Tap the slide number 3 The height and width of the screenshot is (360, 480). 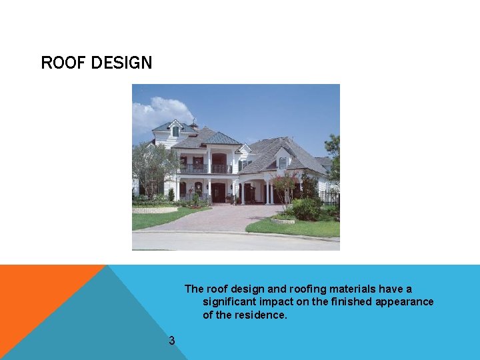(x=171, y=341)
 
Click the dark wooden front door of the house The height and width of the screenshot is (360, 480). (x=218, y=193)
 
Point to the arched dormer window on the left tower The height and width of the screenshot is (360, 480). (x=175, y=131)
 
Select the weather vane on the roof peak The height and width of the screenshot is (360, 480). (x=194, y=122)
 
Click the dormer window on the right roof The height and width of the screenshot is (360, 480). (x=283, y=162)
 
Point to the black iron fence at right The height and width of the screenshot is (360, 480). (x=329, y=198)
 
